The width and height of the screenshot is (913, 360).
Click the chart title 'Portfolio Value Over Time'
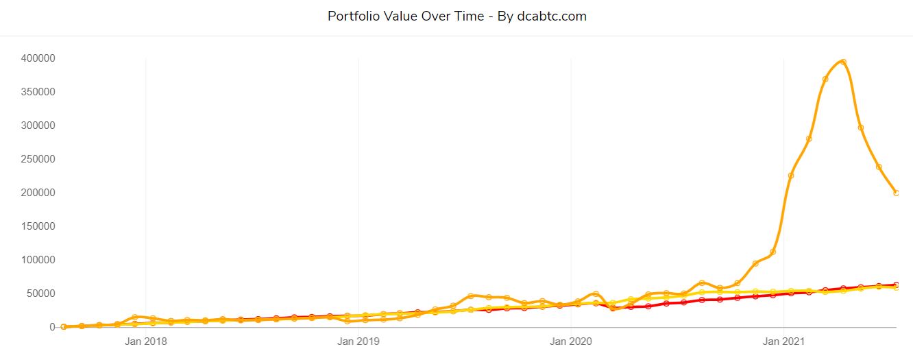tap(406, 16)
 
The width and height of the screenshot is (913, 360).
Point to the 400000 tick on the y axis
tap(38, 58)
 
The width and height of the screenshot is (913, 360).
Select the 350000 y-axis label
tap(38, 92)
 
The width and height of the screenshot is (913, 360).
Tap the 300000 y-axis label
tap(38, 125)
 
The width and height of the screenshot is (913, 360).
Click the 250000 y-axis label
tap(38, 159)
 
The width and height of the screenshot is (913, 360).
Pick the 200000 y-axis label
tap(38, 193)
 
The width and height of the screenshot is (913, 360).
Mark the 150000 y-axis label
tap(38, 226)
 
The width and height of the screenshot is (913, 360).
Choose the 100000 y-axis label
tap(38, 260)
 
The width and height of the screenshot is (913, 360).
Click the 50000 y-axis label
tap(40, 293)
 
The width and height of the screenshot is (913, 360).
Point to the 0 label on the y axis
tap(51, 327)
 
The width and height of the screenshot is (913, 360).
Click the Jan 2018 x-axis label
tap(145, 340)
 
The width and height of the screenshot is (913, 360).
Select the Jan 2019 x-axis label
tap(358, 340)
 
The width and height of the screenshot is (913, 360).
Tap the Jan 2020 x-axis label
tap(571, 340)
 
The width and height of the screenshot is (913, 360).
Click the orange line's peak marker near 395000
tap(843, 62)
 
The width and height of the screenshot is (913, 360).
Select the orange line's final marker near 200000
tap(896, 193)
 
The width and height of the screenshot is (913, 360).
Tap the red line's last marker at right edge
tap(896, 285)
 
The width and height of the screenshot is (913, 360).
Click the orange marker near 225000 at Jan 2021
tap(790, 176)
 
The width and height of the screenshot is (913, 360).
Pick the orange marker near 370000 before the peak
tap(825, 79)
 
